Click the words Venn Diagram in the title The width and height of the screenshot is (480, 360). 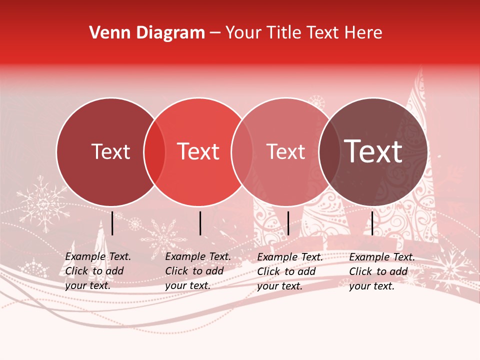pos(147,33)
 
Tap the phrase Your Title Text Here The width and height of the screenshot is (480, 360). pos(304,33)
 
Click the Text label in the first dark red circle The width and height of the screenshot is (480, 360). pos(110,151)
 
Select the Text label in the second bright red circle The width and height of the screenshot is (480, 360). pos(198,151)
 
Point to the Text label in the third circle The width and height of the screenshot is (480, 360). pos(285,151)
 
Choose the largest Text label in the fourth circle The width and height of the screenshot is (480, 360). pos(373,151)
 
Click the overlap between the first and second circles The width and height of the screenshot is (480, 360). pos(154,152)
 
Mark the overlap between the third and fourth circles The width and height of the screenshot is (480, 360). pos(329,152)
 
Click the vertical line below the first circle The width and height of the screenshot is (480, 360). pos(112,223)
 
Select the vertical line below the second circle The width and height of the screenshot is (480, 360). pos(200,223)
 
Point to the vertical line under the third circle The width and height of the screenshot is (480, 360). pos(288,223)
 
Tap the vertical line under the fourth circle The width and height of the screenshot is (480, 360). pos(372,223)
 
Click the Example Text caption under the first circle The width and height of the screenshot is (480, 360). pos(98,271)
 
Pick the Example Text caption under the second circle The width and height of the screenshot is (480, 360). pos(198,271)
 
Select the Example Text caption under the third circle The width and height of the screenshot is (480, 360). pos(290,271)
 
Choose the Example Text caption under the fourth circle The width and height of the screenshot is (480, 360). pos(382,271)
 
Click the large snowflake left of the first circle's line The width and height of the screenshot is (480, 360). pos(42,204)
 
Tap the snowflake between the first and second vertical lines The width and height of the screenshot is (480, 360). pos(161,232)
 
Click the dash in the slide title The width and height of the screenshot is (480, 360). pos(215,33)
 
